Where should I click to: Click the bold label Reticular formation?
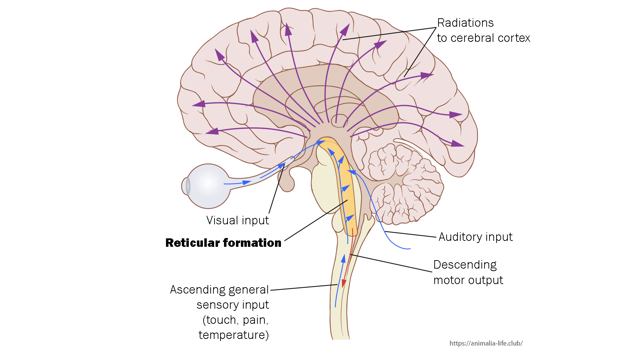pyautogui.click(x=223, y=243)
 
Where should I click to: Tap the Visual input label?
pyautogui.click(x=237, y=220)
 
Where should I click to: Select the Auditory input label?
pyautogui.click(x=475, y=237)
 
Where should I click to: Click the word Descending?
pyautogui.click(x=465, y=265)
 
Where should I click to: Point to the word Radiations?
pyautogui.click(x=465, y=23)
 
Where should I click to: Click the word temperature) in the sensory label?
pyautogui.click(x=233, y=335)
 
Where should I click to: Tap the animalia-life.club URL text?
pyautogui.click(x=486, y=343)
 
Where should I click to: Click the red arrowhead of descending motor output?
pyautogui.click(x=344, y=283)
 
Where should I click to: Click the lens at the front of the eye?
pyautogui.click(x=188, y=186)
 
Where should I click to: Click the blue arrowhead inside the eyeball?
pyautogui.click(x=247, y=182)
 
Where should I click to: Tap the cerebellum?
pyautogui.click(x=404, y=183)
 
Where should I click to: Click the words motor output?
pyautogui.click(x=468, y=280)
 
